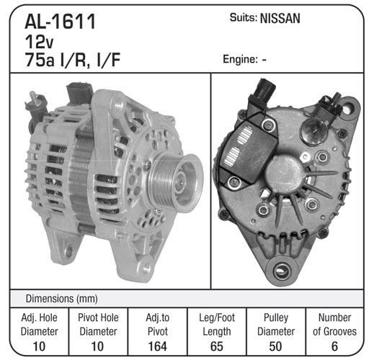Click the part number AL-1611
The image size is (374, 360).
61,22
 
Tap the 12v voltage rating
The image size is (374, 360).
39,42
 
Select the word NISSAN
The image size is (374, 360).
280,18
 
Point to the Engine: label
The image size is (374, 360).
240,59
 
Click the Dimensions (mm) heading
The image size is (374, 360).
62,299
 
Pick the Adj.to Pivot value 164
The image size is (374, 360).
158,346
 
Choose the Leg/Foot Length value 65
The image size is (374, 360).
217,346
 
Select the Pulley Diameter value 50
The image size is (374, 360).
275,346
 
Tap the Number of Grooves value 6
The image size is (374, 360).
334,346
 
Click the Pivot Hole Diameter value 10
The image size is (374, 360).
98,346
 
